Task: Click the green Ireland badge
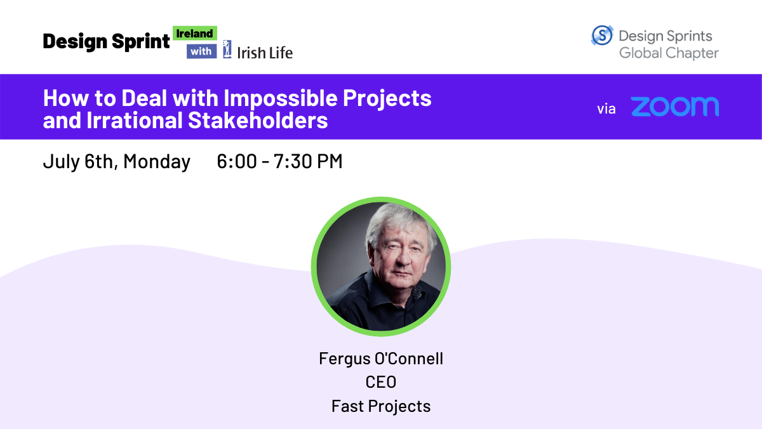point(195,33)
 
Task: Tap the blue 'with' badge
point(201,51)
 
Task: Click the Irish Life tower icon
point(227,49)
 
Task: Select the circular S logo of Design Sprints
point(602,35)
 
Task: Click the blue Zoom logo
point(675,107)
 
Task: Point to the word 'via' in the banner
point(606,109)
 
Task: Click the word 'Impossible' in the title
point(280,98)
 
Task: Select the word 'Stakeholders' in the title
point(258,120)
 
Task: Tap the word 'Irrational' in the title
point(135,120)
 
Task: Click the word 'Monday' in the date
point(157,161)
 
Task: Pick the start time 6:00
point(237,161)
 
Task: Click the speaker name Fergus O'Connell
point(381,359)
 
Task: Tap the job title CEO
point(381,382)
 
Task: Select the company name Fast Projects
point(381,406)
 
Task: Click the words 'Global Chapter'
point(669,53)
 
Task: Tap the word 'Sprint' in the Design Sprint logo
point(140,42)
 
